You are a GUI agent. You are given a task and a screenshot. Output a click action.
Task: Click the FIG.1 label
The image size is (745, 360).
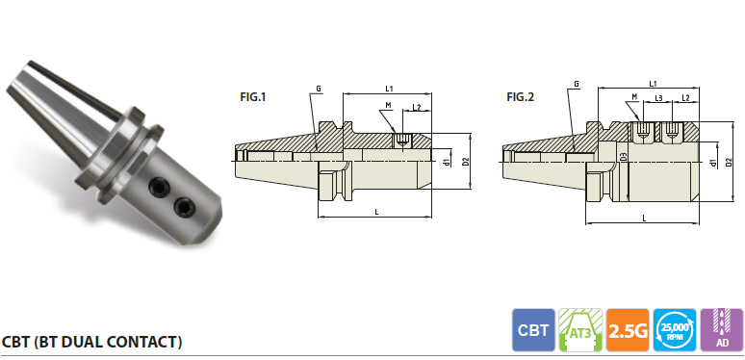(253, 97)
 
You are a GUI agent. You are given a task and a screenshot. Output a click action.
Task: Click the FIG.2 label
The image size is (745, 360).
(521, 97)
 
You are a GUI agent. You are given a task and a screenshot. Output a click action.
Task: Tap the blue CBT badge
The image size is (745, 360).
(533, 330)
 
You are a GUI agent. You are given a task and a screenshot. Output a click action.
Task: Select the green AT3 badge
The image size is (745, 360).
(580, 330)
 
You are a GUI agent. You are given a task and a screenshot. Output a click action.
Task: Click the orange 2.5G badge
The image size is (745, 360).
(628, 330)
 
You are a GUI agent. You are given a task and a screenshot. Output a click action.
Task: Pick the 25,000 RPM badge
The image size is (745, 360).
(674, 330)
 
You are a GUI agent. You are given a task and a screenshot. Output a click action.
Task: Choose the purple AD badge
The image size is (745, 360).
(722, 330)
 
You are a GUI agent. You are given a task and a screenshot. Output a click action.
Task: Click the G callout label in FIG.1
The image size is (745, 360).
(319, 89)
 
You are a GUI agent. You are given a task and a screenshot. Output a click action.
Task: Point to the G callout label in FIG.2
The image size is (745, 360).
(576, 84)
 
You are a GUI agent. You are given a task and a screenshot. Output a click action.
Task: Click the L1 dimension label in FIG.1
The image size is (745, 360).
(389, 89)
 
